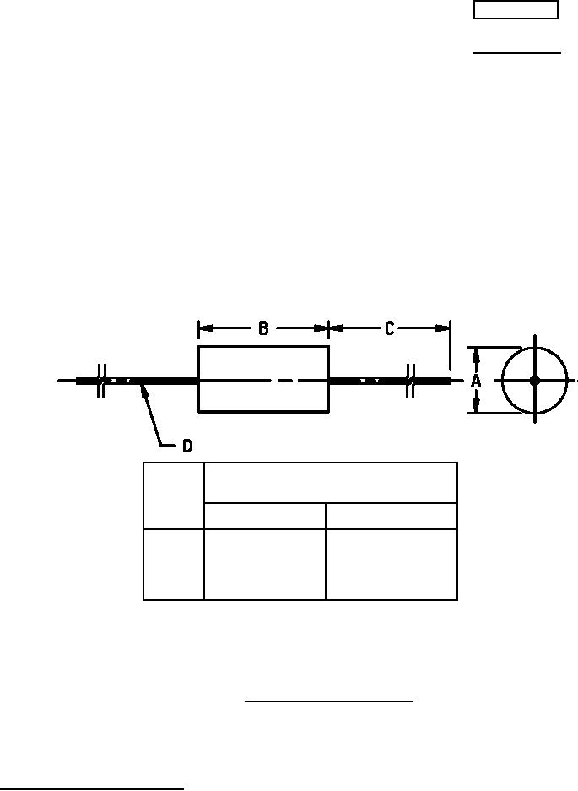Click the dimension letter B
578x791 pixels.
(263, 328)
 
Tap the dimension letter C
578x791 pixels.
(389, 328)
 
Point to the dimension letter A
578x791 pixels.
(476, 381)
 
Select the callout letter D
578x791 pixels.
(187, 446)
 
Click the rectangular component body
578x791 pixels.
(264, 379)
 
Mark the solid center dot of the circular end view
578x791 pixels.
(535, 381)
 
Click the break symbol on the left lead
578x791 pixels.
(101, 381)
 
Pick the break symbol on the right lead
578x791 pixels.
(411, 381)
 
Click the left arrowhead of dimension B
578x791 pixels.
(206, 328)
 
